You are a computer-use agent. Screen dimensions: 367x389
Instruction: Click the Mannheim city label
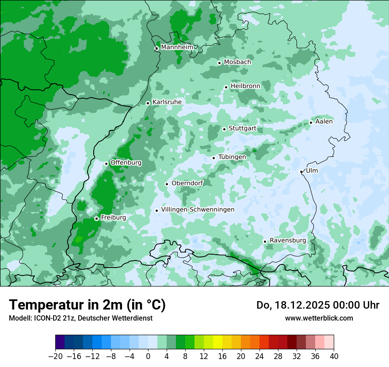(x=177, y=47)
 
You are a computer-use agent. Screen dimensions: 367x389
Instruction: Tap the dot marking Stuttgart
(x=224, y=129)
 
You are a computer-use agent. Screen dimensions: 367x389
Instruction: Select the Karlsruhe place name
(x=167, y=102)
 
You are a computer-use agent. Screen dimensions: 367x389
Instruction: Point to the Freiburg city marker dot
(x=96, y=218)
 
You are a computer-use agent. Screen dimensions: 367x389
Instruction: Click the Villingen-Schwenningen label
(x=198, y=210)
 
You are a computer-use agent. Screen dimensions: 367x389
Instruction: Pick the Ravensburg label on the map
(x=288, y=241)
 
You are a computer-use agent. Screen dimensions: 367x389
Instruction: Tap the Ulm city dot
(x=301, y=172)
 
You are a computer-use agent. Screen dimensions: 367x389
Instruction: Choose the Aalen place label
(x=324, y=122)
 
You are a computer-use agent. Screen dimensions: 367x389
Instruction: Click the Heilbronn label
(x=245, y=86)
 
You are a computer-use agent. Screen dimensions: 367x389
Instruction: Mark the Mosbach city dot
(x=219, y=63)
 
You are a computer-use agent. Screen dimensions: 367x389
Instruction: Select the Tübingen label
(x=232, y=157)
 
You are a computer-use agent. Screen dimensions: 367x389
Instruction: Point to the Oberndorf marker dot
(x=167, y=184)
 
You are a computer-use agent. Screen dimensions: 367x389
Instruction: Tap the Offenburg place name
(x=126, y=163)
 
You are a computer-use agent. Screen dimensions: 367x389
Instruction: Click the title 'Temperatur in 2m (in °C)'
(x=88, y=305)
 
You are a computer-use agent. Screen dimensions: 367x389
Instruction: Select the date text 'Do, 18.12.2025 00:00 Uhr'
(x=318, y=305)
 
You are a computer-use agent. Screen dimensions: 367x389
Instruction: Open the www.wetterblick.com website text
(x=319, y=318)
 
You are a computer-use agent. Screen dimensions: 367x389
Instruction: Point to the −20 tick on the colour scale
(x=55, y=356)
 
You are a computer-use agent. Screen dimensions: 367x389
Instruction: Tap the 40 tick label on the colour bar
(x=334, y=356)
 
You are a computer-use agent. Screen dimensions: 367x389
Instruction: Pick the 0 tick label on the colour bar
(x=148, y=356)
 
